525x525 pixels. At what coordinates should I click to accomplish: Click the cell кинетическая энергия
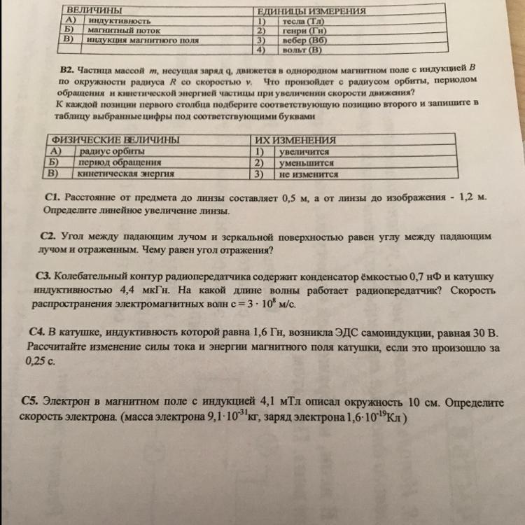tap(126, 173)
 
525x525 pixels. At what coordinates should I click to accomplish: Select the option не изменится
tap(308, 174)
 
